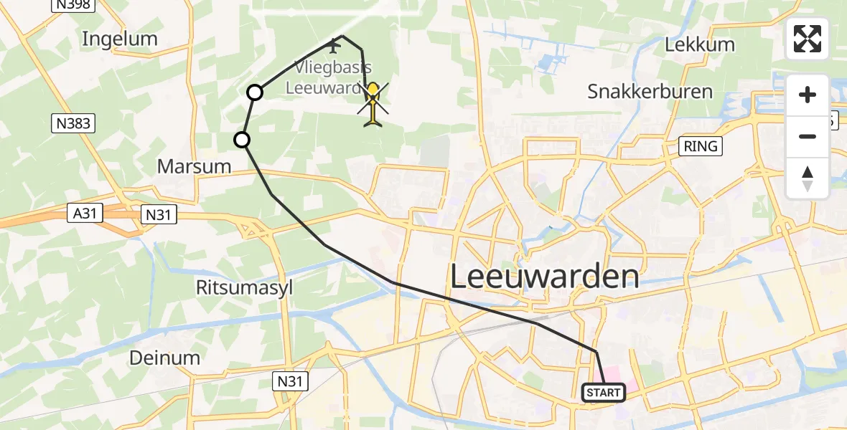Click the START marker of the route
click(x=604, y=392)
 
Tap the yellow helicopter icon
click(x=373, y=102)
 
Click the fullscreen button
click(x=808, y=39)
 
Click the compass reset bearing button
click(x=808, y=178)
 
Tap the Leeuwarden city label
click(x=545, y=276)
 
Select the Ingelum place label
click(x=119, y=39)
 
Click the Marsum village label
click(x=195, y=167)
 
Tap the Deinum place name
click(x=165, y=358)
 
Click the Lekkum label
click(x=700, y=44)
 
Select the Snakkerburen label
click(x=650, y=92)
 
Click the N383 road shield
click(x=73, y=124)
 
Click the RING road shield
click(x=701, y=146)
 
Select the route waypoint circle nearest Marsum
click(x=243, y=140)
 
